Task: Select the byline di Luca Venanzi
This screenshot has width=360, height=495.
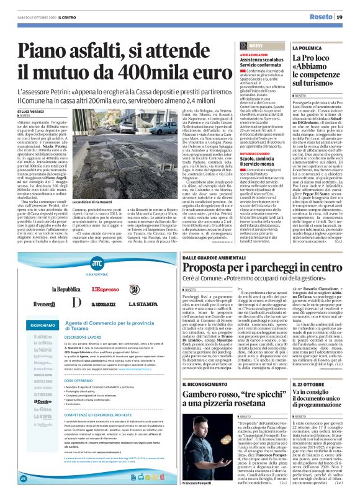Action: click(x=29, y=112)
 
